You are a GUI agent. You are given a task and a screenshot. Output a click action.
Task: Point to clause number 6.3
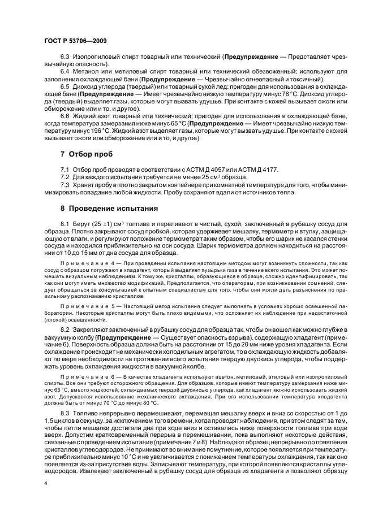(x=65, y=58)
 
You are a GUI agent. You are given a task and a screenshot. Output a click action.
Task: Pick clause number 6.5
(x=65, y=87)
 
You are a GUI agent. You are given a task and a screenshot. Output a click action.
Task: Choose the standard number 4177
(x=260, y=170)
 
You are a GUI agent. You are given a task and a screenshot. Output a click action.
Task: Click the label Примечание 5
(x=86, y=305)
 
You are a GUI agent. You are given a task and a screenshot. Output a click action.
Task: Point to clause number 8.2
(x=65, y=329)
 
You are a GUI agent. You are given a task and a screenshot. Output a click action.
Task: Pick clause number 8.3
(x=65, y=414)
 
